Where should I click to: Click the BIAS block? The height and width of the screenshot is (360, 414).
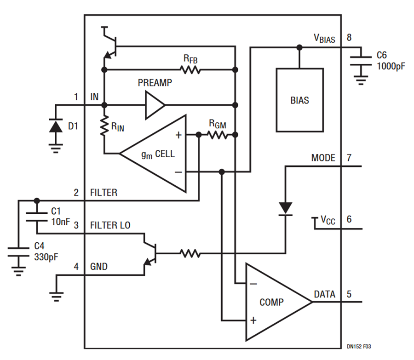[299, 100]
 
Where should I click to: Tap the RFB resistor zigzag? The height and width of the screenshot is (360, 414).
[190, 70]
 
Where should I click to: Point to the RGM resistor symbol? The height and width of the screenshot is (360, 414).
[217, 135]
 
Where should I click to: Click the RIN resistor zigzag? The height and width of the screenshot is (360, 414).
[104, 126]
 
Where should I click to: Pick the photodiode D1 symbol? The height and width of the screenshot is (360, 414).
[56, 126]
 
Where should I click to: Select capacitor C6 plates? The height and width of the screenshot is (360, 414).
[361, 61]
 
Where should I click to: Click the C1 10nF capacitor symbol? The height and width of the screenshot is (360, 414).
[37, 217]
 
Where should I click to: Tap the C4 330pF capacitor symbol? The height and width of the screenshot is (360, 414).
[18, 252]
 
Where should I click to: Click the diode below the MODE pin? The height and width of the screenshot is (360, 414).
[285, 209]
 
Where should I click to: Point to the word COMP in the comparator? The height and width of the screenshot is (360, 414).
[271, 302]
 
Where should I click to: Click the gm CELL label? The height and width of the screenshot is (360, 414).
[158, 154]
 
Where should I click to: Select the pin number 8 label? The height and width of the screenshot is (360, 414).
[349, 38]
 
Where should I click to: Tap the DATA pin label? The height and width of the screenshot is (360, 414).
[324, 294]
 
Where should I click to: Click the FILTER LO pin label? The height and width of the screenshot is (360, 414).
[110, 225]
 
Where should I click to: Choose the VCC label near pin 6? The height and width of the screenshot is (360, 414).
[328, 220]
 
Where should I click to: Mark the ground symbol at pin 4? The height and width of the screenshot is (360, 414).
[57, 297]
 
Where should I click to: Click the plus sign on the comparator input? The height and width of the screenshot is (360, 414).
[253, 320]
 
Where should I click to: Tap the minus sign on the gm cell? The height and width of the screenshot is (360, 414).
[178, 172]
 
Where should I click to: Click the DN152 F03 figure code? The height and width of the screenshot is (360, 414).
[359, 346]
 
